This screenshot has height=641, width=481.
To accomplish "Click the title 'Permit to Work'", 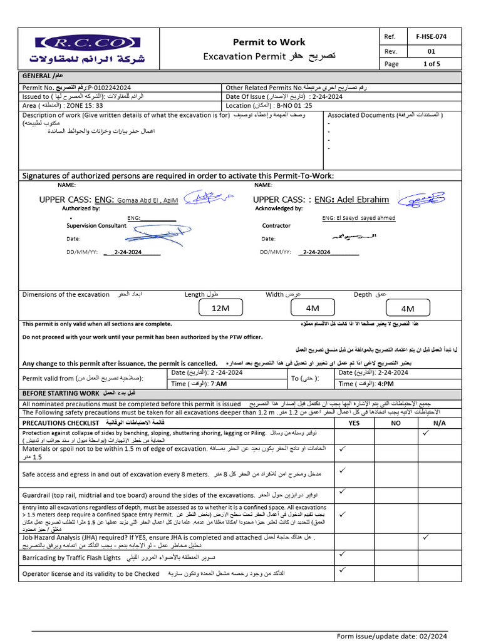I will pyautogui.click(x=269, y=42).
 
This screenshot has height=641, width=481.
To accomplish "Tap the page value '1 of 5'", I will pyautogui.click(x=432, y=64).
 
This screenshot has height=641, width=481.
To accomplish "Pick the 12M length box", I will pyautogui.click(x=220, y=308).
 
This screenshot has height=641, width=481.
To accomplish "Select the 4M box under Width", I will pyautogui.click(x=312, y=308).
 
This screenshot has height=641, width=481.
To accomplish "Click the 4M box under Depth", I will pyautogui.click(x=407, y=308).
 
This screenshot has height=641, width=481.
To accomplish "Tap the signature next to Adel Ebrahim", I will pyautogui.click(x=421, y=200).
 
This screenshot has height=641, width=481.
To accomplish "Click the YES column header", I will pyautogui.click(x=353, y=423).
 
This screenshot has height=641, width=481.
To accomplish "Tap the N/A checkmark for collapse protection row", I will pyautogui.click(x=426, y=433).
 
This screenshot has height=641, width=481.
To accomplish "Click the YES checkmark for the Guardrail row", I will pyautogui.click(x=343, y=491).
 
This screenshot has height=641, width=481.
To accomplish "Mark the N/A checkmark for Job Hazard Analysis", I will pyautogui.click(x=426, y=536).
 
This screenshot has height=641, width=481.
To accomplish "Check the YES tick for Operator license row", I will pyautogui.click(x=343, y=570).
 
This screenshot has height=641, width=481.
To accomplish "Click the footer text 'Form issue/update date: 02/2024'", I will pyautogui.click(x=392, y=635).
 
